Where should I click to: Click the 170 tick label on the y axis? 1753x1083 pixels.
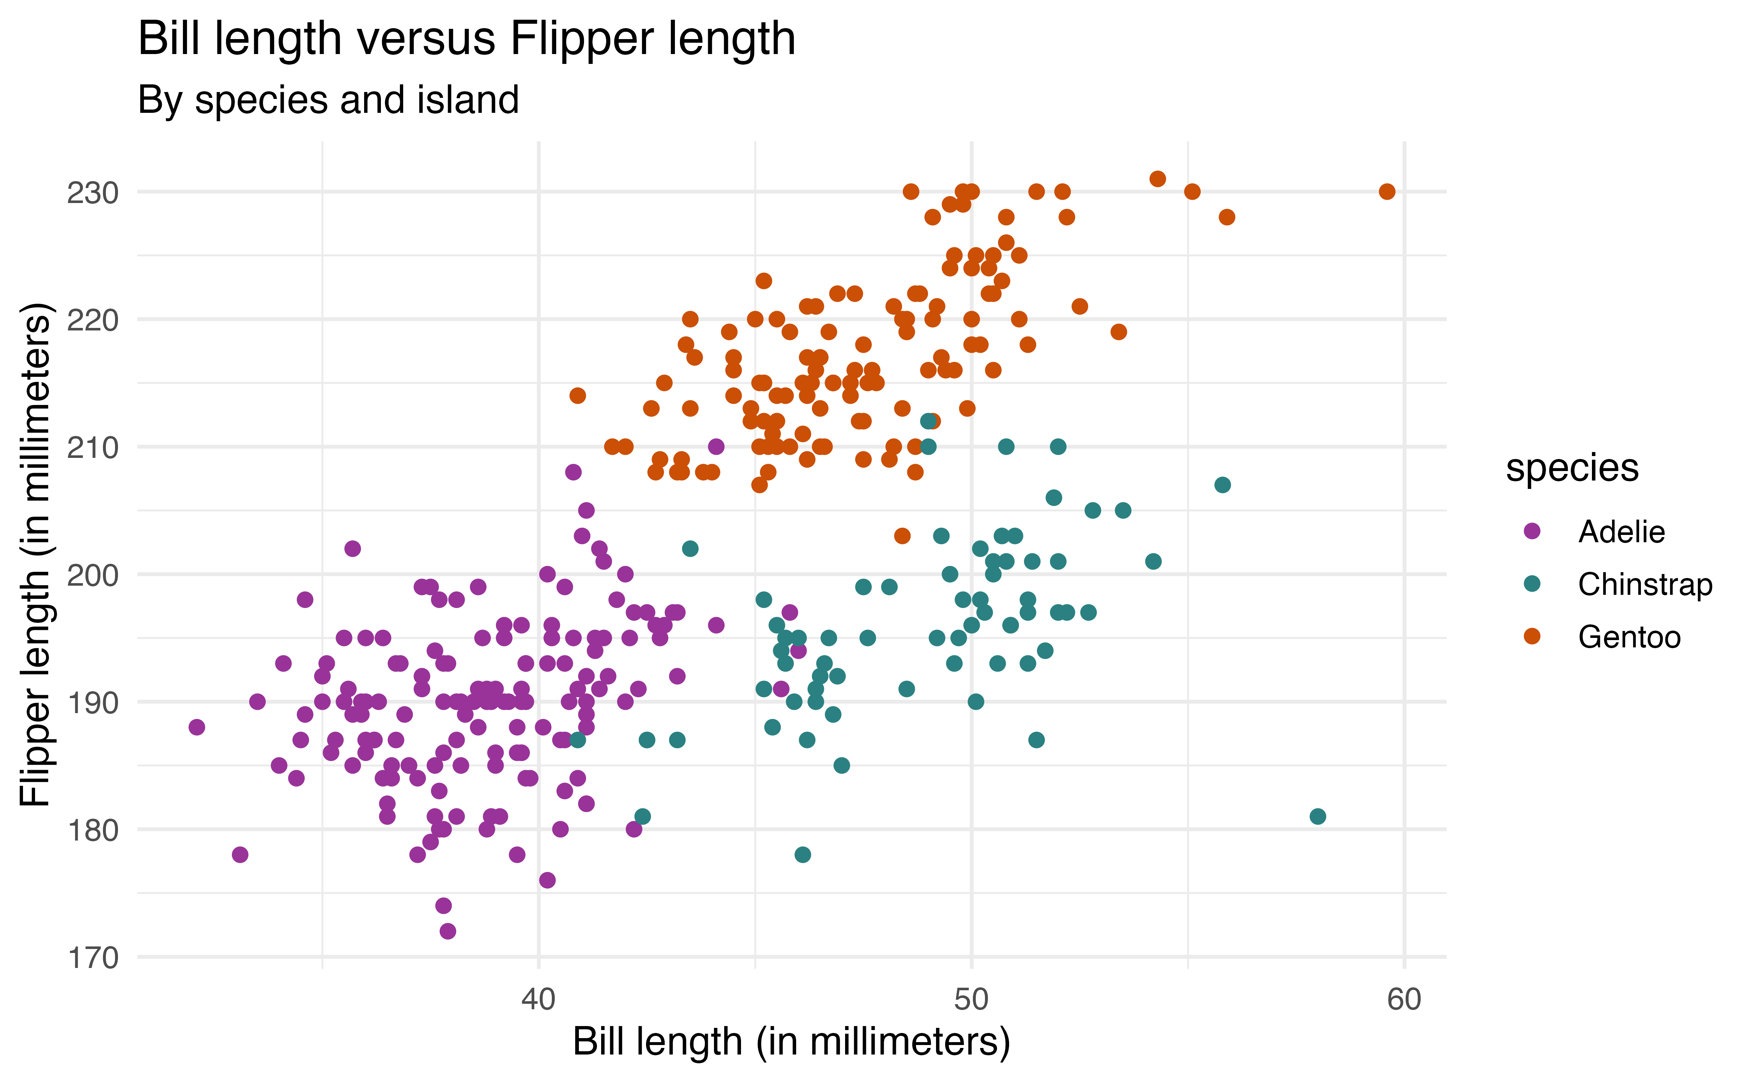[x=92, y=958]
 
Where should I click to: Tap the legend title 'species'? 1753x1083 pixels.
[x=1572, y=468]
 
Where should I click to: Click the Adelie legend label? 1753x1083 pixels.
[x=1621, y=532]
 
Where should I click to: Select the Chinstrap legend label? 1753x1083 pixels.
[x=1645, y=585]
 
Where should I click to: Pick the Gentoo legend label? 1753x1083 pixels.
[x=1629, y=637]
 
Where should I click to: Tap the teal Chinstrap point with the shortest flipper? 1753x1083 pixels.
[x=802, y=854]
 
